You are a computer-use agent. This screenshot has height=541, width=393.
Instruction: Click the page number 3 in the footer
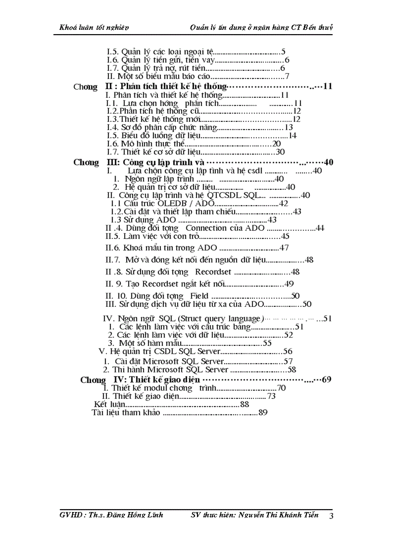coord(331,516)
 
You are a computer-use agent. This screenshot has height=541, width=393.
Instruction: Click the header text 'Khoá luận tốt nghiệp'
coord(91,27)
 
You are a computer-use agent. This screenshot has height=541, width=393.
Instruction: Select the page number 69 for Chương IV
coord(340,380)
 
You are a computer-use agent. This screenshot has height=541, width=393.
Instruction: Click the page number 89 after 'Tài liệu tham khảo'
coord(263,412)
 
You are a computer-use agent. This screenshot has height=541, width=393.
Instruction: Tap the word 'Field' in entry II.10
coord(199,296)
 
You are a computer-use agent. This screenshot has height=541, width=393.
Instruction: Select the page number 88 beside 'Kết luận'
coord(245,404)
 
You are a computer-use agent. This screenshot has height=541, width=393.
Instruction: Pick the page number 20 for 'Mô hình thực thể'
coord(277,144)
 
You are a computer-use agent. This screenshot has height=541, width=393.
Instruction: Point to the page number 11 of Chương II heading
coord(328,87)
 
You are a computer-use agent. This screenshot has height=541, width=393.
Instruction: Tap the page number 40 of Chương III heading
coord(329,162)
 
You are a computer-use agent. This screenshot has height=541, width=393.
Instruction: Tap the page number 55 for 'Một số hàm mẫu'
coord(267,343)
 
